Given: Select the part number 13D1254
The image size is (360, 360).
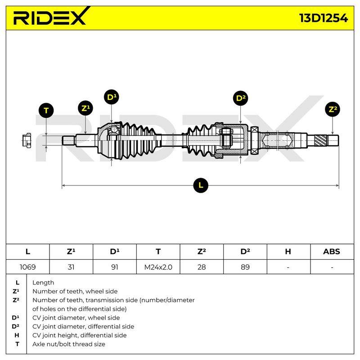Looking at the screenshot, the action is pos(323,18).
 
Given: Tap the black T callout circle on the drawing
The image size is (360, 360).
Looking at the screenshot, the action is pos(46,110).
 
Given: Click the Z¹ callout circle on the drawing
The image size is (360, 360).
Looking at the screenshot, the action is pos(85,108).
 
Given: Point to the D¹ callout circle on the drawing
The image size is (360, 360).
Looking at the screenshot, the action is pos(111,97).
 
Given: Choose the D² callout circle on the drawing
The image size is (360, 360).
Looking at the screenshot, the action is pos(240,98).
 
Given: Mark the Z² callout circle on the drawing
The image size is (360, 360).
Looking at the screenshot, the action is pos(333,109).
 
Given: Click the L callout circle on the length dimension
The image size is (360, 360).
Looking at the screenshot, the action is pos(201,185).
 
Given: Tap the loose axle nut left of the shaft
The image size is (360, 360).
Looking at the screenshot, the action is pos(27,140).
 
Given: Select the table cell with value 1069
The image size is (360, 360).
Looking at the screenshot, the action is pos(27,267).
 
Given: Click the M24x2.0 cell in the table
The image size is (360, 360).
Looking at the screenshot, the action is pos(158,267).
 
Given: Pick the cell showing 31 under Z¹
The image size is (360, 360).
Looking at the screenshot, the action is pos(71,267).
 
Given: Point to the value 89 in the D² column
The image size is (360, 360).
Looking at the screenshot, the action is pos(245,267).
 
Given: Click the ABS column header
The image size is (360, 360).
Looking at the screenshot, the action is pos(332,252).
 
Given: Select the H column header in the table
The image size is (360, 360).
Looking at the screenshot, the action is pos(288,252).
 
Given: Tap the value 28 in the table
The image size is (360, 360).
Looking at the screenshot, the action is pos(202,267).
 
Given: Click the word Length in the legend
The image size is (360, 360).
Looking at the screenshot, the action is pos(43,283).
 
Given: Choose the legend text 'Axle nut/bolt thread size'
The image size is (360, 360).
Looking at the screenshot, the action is pos(69,344).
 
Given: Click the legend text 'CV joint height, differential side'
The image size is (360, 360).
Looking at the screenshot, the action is pos(80,335).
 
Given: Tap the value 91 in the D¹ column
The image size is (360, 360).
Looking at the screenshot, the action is pos(115,267).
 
